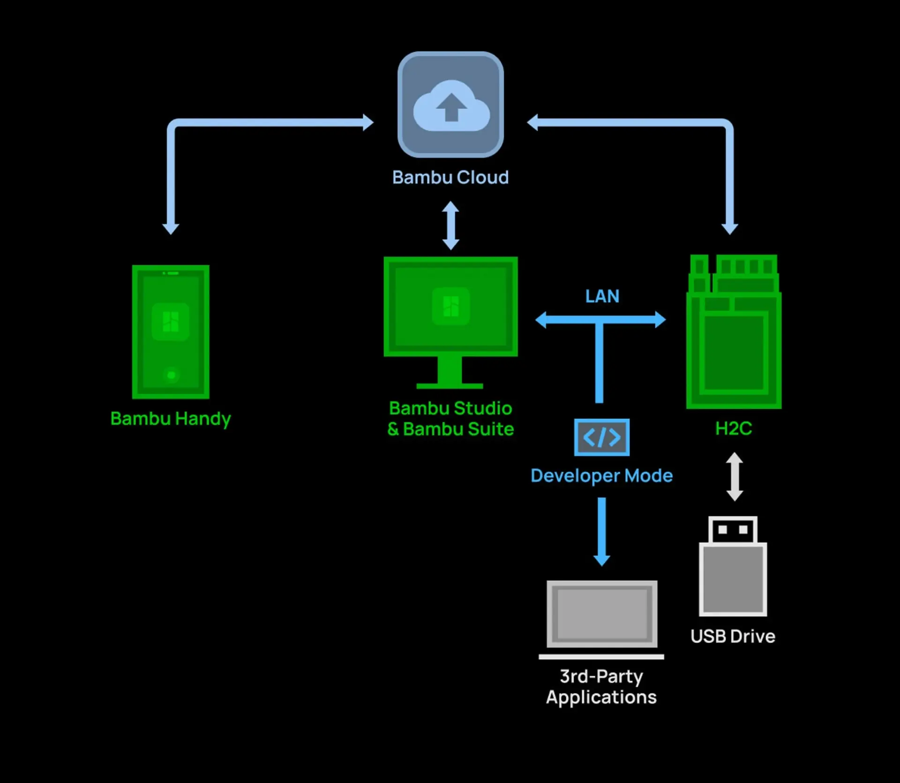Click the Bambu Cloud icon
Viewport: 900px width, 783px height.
pyautogui.click(x=450, y=105)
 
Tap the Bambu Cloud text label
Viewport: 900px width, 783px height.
pyautogui.click(x=450, y=177)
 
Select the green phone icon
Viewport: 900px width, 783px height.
pyautogui.click(x=171, y=332)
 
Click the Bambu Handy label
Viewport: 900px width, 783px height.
pyautogui.click(x=171, y=418)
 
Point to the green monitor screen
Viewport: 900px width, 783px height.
pyautogui.click(x=450, y=306)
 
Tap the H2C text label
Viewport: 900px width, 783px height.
pyautogui.click(x=734, y=428)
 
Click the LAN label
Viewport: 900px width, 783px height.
pyautogui.click(x=602, y=296)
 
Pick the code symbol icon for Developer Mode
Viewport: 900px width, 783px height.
pyautogui.click(x=602, y=437)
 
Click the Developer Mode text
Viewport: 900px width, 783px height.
pyautogui.click(x=601, y=475)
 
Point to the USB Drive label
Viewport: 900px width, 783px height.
pyautogui.click(x=733, y=636)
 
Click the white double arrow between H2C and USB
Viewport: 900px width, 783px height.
pyautogui.click(x=735, y=476)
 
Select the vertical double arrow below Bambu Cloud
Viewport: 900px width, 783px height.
pyautogui.click(x=450, y=226)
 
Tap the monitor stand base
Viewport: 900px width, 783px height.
pyautogui.click(x=450, y=385)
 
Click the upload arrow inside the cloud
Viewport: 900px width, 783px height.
pyautogui.click(x=451, y=107)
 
